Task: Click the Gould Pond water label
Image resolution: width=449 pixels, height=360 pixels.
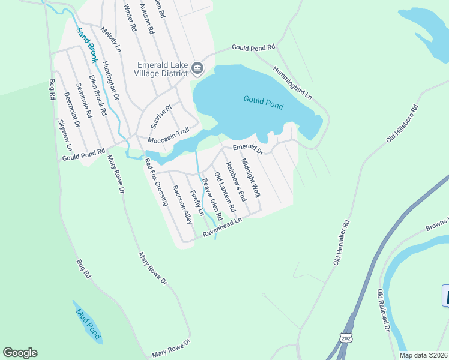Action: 263,102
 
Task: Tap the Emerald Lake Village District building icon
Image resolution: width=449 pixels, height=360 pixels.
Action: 197,70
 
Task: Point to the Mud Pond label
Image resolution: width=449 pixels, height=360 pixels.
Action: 88,323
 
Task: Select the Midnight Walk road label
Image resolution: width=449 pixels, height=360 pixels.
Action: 250,178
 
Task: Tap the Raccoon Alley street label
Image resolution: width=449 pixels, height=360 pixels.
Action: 182,205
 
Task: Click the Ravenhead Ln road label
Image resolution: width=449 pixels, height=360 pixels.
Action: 221,229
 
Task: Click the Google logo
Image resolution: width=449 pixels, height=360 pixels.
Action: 20,353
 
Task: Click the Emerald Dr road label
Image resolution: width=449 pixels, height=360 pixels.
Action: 248,148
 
